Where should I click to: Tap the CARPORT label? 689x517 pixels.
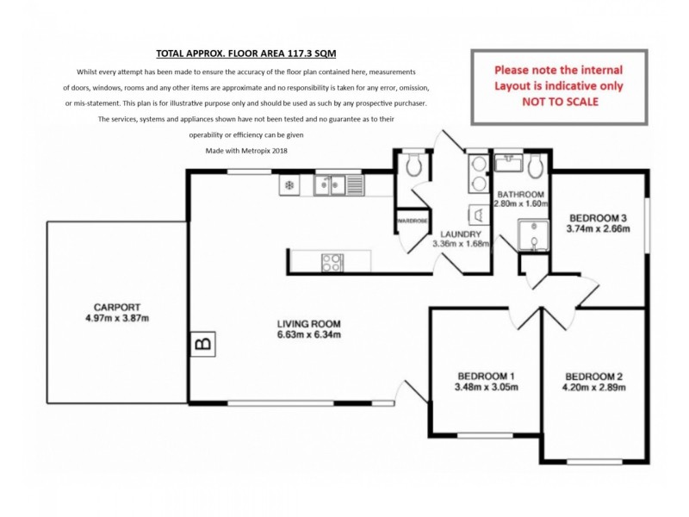point(117,307)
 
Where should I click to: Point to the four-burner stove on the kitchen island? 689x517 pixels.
point(332,262)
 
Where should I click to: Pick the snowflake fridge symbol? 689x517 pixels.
point(289,184)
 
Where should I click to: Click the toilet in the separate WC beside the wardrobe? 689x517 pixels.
point(413,165)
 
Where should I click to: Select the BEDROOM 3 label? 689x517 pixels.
point(598,217)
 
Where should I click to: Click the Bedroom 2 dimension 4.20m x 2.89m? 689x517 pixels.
point(595,388)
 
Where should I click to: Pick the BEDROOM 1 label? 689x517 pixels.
point(486,376)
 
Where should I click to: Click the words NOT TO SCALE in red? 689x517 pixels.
point(558,102)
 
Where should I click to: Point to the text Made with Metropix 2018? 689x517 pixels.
point(245,150)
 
